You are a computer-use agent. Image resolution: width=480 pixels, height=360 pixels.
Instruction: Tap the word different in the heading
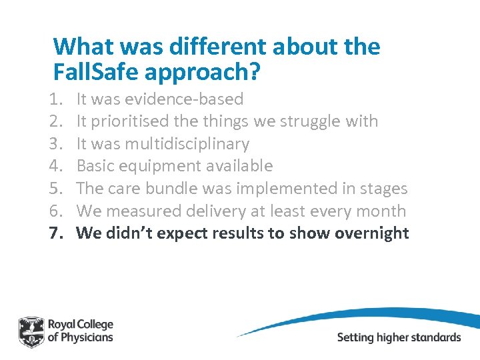pyautogui.click(x=209, y=47)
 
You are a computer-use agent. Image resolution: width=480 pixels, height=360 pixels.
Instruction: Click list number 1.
pyautogui.click(x=56, y=99)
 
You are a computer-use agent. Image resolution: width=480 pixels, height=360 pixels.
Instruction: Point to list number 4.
pyautogui.click(x=56, y=166)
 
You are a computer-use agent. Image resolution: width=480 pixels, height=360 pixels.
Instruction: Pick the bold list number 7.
pyautogui.click(x=56, y=233)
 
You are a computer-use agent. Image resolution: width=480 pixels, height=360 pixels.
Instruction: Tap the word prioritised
pyautogui.click(x=131, y=121)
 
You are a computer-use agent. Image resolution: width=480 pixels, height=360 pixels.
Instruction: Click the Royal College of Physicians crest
pyautogui.click(x=31, y=331)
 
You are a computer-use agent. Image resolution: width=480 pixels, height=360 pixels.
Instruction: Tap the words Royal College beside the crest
pyautogui.click(x=81, y=325)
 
